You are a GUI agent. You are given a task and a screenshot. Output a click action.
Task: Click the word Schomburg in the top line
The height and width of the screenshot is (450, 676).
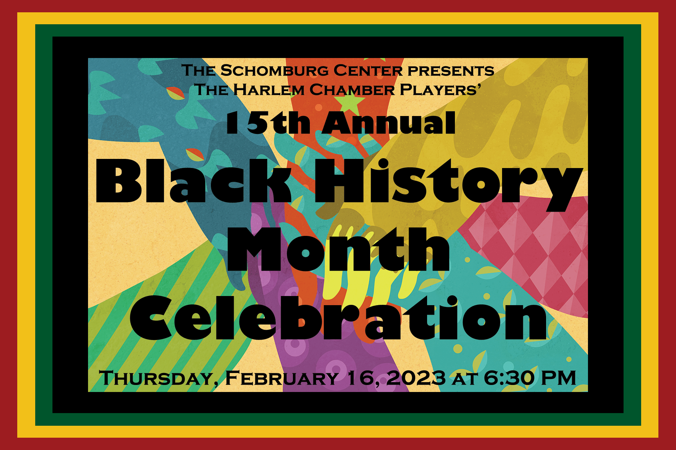coord(275,71)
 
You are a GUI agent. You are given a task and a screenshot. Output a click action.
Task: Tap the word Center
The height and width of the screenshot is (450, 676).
coord(368,71)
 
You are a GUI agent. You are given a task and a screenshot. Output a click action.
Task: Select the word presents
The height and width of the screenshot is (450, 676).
coord(451,71)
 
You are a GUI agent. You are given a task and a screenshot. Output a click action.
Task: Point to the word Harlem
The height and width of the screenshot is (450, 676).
coord(269,90)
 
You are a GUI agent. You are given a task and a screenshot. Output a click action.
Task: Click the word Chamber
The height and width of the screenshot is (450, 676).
coord(352,90)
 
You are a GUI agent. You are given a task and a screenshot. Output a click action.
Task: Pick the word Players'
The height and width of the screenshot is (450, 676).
coord(440,90)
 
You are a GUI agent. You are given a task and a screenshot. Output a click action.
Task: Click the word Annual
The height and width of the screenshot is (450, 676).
coord(389,123)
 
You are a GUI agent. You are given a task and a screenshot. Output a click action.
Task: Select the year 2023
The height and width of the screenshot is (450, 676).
coord(416,378)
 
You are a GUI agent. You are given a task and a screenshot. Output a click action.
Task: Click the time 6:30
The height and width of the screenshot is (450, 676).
coord(510,378)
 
